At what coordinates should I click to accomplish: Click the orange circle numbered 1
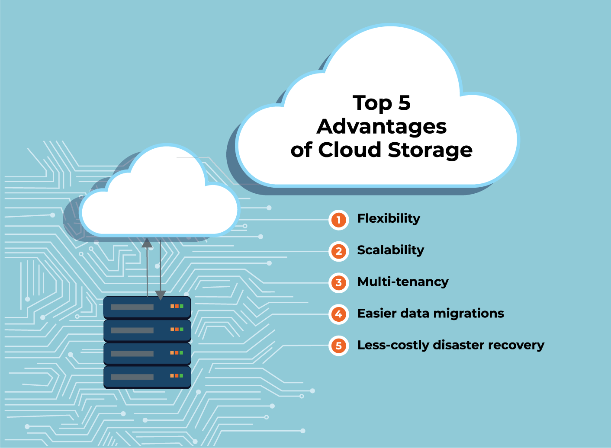[339, 220]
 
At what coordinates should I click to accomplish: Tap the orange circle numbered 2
[339, 251]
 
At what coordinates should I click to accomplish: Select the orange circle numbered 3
[339, 283]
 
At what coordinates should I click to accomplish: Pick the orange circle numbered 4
[339, 314]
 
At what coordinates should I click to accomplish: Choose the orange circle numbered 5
[339, 346]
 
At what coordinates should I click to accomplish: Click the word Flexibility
[389, 219]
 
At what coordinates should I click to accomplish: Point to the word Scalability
[390, 250]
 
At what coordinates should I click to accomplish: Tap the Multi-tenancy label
[403, 282]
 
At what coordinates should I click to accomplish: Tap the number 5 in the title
[404, 103]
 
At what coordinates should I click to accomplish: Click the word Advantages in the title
[382, 127]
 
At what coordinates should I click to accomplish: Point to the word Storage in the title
[430, 150]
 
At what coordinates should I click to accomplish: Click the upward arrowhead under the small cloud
[147, 243]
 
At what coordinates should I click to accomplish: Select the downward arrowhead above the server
[161, 295]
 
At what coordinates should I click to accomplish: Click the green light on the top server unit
[182, 306]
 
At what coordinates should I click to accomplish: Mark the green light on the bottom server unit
[182, 376]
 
